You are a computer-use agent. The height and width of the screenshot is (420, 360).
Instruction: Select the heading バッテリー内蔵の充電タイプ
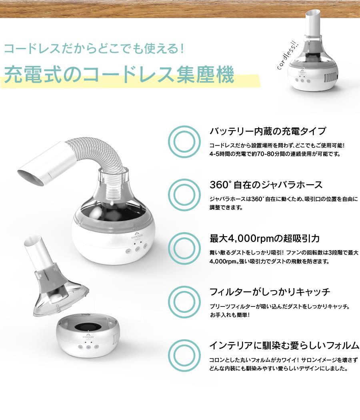[268, 131]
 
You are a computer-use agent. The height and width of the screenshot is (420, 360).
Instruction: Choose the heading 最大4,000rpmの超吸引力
[264, 239]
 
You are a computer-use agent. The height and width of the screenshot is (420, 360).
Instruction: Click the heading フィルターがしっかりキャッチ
[270, 292]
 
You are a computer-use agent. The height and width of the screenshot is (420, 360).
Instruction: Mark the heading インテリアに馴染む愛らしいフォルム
[284, 345]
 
